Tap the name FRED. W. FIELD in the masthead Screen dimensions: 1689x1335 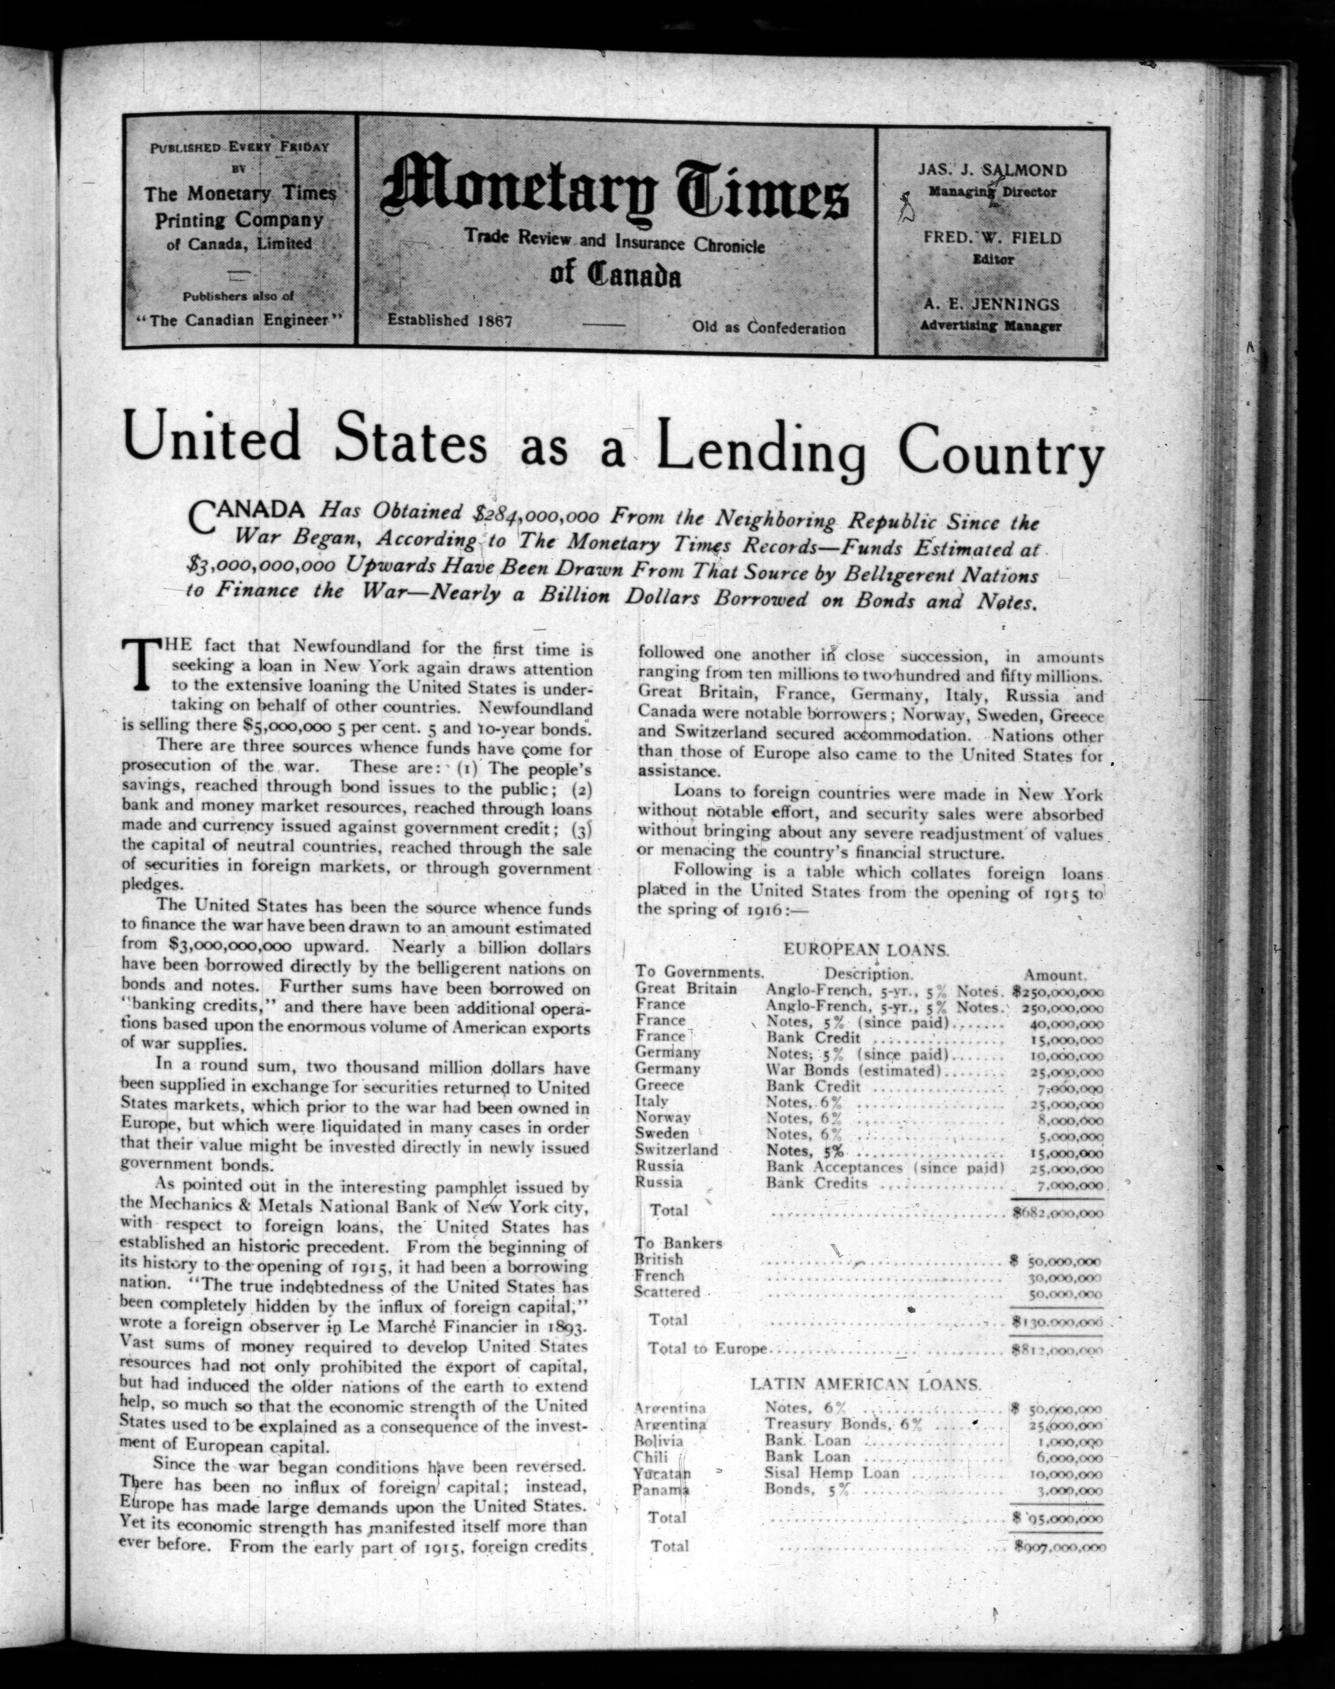(x=992, y=237)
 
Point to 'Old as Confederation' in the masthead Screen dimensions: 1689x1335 (x=768, y=328)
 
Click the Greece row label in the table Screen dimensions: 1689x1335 (x=660, y=1085)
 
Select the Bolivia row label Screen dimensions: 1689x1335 (x=659, y=1441)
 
